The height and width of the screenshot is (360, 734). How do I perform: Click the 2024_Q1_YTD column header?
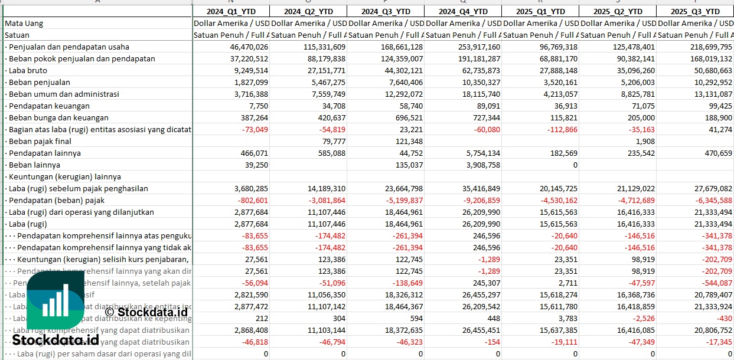pos(230,11)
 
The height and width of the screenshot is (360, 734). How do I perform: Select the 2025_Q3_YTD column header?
pos(694,11)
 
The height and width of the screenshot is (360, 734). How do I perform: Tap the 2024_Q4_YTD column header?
pos(462,11)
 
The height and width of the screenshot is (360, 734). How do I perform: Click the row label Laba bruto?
pos(28,70)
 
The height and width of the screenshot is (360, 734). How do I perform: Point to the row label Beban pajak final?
pos(40,141)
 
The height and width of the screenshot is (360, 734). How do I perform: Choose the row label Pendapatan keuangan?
pos(49,106)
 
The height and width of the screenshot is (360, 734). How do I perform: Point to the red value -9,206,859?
pos(477,200)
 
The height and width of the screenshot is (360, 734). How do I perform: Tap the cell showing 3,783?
pos(567,318)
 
